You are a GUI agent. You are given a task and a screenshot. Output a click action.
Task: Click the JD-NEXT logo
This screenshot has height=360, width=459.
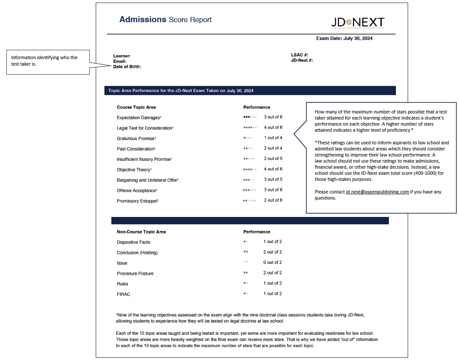coord(358,23)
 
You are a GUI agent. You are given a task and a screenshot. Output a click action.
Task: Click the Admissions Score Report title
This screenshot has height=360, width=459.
coord(165,20)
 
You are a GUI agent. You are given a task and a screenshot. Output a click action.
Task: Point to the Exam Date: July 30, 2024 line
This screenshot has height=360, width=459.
coord(344,38)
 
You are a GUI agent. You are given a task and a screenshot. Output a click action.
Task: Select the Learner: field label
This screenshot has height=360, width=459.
coord(122,56)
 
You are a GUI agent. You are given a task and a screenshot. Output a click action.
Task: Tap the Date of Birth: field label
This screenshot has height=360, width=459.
coord(127,67)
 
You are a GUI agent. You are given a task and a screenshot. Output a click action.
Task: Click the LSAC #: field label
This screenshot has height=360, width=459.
coord(300,55)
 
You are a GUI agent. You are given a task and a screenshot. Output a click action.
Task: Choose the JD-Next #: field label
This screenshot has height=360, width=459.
coord(302,60)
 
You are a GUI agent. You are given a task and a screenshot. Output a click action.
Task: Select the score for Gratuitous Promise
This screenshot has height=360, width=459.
coord(273,138)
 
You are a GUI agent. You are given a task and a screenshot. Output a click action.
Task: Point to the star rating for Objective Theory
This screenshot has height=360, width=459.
coord(250,169)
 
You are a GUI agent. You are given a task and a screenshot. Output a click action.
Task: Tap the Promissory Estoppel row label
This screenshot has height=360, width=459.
coord(137,201)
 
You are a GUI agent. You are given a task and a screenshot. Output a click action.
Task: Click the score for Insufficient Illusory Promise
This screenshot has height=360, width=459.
coord(273,159)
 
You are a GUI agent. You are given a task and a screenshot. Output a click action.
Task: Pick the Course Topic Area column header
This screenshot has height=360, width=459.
coord(136,107)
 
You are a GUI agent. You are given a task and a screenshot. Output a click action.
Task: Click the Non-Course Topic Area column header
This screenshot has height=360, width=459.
coord(141,232)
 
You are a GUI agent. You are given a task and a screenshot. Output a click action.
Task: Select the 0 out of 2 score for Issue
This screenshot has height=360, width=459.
coord(272,263)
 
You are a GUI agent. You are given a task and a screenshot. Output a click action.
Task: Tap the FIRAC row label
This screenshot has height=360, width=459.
coord(124,294)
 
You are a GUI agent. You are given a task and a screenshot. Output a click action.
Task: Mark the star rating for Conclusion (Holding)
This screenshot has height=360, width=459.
coord(246,252)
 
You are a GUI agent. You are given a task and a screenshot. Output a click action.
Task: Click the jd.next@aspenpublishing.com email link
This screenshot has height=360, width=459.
coord(377,192)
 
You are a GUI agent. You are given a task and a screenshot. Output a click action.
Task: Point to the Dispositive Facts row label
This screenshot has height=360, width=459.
coord(133,242)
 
